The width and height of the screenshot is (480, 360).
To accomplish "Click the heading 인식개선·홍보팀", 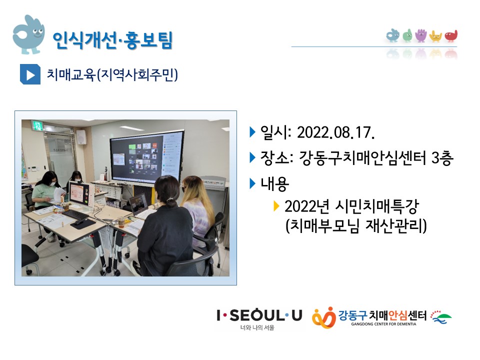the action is pyautogui.click(x=112, y=40).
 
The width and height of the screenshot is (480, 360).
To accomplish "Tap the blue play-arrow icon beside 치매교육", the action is pyautogui.click(x=30, y=74).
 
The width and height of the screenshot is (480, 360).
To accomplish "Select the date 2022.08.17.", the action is pyautogui.click(x=336, y=133).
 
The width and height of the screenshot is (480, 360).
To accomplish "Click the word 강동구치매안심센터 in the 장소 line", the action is pyautogui.click(x=362, y=158).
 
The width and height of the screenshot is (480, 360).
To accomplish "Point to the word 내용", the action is pyautogui.click(x=274, y=184).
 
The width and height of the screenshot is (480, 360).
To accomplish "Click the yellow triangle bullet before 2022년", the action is pyautogui.click(x=276, y=206).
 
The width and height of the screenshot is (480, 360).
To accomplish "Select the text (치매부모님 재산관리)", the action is pyautogui.click(x=355, y=226).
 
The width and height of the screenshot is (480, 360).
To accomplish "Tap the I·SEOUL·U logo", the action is pyautogui.click(x=259, y=319).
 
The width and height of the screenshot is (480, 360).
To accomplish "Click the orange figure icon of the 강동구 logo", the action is pyautogui.click(x=323, y=317).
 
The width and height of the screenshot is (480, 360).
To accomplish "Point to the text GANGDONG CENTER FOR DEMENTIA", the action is pyautogui.click(x=383, y=324).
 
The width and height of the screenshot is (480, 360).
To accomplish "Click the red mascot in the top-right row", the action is pyautogui.click(x=451, y=35).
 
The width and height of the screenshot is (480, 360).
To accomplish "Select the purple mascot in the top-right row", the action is pyautogui.click(x=421, y=35).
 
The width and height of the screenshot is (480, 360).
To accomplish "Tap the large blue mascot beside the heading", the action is pyautogui.click(x=28, y=34).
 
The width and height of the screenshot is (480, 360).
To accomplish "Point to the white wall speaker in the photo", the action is pyautogui.click(x=81, y=137).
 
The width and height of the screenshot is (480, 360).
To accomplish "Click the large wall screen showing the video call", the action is pyautogui.click(x=147, y=157).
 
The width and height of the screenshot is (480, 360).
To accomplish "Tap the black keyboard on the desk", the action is pyautogui.click(x=75, y=214).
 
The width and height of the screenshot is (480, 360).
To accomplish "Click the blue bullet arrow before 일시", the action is pyautogui.click(x=252, y=132).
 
